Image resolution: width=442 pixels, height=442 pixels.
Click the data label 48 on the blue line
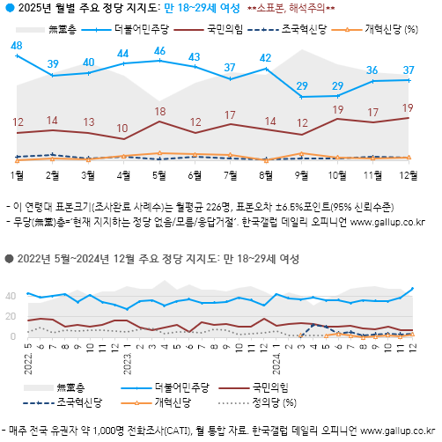[x=17, y=45]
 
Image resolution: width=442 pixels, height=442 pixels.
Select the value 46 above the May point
[x=159, y=50]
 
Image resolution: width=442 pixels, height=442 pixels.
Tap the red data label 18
[x=159, y=112]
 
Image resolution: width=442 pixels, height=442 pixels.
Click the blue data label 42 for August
[x=265, y=58]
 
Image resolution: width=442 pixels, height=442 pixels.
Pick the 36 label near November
[x=372, y=70]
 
